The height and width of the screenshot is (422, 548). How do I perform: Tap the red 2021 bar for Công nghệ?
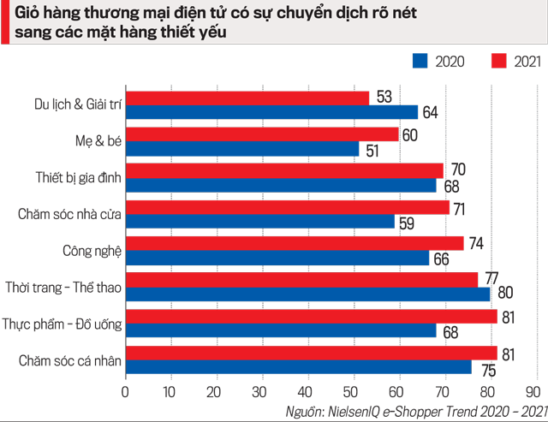pyautogui.click(x=295, y=243)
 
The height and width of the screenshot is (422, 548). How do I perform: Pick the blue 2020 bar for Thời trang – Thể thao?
pyautogui.click(x=308, y=294)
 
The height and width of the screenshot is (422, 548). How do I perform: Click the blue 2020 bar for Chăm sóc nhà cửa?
pyautogui.click(x=260, y=221)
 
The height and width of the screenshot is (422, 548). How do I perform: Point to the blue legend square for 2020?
pyautogui.click(x=420, y=60)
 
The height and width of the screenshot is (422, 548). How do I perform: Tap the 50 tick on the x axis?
pyautogui.click(x=351, y=391)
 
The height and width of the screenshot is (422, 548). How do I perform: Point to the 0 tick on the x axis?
pyautogui.click(x=126, y=391)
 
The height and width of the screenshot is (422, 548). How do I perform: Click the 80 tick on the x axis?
pyautogui.click(x=486, y=391)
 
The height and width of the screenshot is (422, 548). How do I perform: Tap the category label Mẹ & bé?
pyautogui.click(x=96, y=140)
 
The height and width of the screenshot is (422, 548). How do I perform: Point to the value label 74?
pyautogui.click(x=477, y=243)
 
